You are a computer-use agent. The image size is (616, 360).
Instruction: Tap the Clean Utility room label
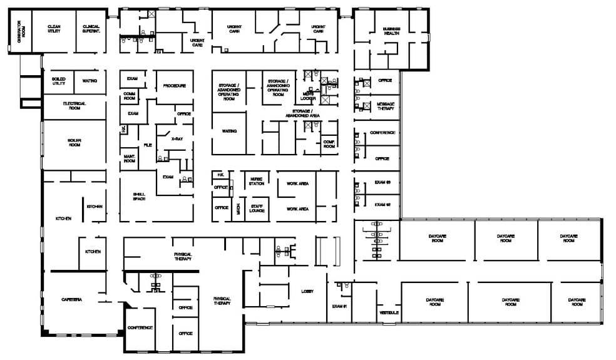[54, 29]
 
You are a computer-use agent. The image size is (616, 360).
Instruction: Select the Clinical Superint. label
[91, 29]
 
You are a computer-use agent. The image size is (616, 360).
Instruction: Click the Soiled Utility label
[59, 81]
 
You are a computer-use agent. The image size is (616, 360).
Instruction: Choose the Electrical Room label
[74, 105]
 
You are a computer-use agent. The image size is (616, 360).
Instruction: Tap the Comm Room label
[130, 96]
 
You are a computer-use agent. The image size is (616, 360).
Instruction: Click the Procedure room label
[174, 85]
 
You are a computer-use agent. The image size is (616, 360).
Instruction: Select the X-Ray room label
[177, 140]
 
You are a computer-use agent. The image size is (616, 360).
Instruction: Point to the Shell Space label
[140, 196]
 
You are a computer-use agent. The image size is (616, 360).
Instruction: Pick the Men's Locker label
[307, 97]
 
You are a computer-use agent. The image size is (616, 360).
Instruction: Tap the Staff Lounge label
[257, 208]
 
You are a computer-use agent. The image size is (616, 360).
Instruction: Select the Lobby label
[307, 291]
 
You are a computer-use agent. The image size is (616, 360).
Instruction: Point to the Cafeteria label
[71, 299]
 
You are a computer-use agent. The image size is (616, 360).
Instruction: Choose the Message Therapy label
[385, 106]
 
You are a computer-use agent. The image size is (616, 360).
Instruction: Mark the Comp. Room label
[329, 143]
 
